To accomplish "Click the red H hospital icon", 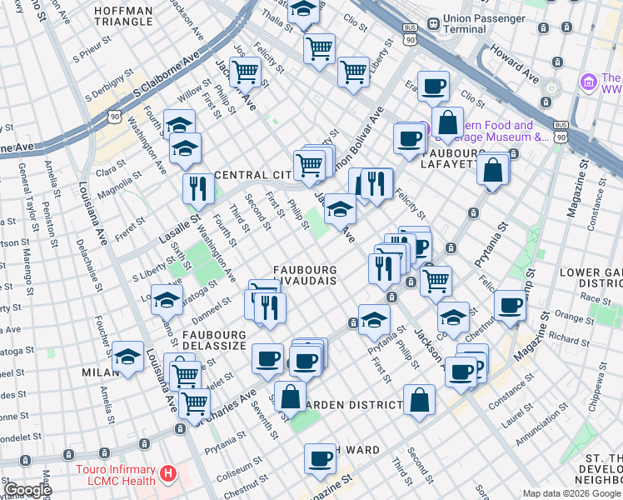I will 169,474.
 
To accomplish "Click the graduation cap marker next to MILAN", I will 128,357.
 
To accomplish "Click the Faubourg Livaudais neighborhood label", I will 305,276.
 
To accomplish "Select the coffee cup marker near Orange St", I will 510,304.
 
